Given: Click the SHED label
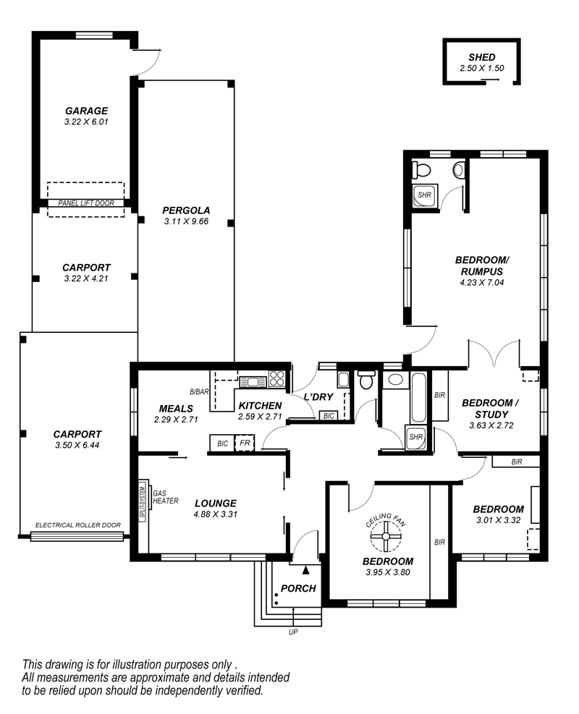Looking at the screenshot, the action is [481, 57].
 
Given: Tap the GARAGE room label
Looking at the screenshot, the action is [86, 111].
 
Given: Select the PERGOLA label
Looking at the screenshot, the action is [186, 211].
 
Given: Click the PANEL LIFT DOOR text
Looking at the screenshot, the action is [86, 203].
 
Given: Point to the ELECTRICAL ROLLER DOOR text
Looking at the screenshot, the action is [78, 525].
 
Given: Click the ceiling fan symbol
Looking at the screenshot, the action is [386, 537].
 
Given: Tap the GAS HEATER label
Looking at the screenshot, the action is [165, 497].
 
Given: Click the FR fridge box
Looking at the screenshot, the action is [245, 443].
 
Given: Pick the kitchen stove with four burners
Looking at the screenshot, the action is [277, 378].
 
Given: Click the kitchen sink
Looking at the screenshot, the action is [253, 381].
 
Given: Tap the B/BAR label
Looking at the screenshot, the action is [199, 391].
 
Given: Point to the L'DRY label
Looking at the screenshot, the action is [318, 397].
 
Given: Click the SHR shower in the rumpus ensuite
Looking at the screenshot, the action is [425, 196].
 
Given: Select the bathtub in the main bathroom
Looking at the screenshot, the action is [418, 398].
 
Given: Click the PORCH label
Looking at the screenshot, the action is [298, 588].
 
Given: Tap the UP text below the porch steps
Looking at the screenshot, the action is [293, 632].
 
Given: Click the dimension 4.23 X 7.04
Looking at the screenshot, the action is [482, 282].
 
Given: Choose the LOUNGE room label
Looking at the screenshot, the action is [216, 503].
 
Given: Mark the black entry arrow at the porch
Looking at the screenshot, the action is [305, 569].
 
